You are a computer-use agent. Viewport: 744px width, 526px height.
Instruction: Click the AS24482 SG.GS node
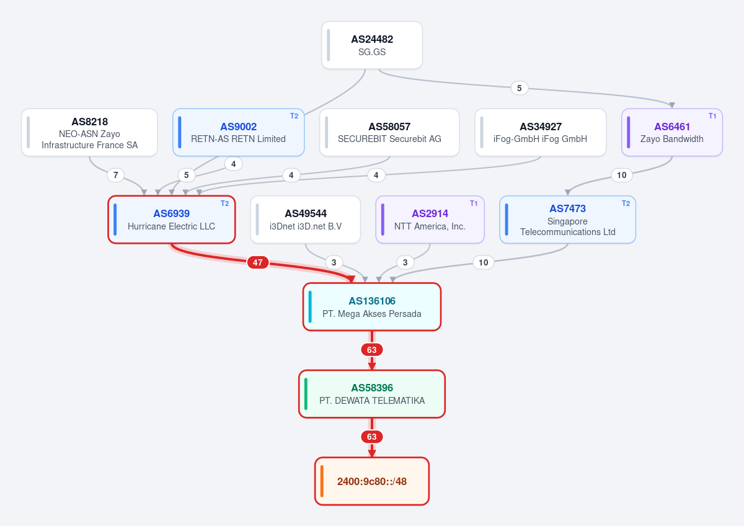[x=371, y=45]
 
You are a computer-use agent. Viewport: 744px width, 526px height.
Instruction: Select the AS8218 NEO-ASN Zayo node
[x=89, y=132]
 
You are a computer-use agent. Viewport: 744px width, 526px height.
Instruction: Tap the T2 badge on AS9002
[x=294, y=116]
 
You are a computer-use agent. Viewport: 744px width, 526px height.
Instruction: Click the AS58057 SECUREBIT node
[x=389, y=132]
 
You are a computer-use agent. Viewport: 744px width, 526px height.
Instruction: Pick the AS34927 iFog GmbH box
[x=541, y=132]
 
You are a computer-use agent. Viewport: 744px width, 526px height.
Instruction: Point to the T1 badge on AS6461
[x=712, y=116]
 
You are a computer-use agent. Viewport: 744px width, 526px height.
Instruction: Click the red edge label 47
[x=258, y=262]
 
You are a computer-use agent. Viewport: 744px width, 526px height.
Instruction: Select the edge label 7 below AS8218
[x=115, y=175]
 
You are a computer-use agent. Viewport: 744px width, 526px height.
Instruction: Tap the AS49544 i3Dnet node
[x=305, y=220]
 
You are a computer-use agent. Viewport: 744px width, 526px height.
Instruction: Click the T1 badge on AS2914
[x=474, y=203]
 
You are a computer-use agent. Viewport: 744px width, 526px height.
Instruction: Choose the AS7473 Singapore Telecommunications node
[x=568, y=220]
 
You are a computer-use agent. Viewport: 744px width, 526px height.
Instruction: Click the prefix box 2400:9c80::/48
[x=372, y=481]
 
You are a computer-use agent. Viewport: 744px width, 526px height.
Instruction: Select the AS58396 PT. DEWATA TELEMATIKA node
[x=372, y=394]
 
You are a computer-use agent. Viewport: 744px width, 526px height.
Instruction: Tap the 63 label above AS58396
[x=371, y=350]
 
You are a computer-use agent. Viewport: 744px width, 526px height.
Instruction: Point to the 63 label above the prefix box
[x=371, y=437]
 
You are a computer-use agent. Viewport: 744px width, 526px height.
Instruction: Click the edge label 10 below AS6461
[x=622, y=175]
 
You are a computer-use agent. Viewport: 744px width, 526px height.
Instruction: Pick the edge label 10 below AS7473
[x=483, y=262]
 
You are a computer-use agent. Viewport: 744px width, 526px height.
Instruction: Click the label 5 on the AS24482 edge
[x=520, y=88]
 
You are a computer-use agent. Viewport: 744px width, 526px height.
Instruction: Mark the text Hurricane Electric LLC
[x=171, y=226]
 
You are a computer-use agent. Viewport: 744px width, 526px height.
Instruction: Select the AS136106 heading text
[x=372, y=301]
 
